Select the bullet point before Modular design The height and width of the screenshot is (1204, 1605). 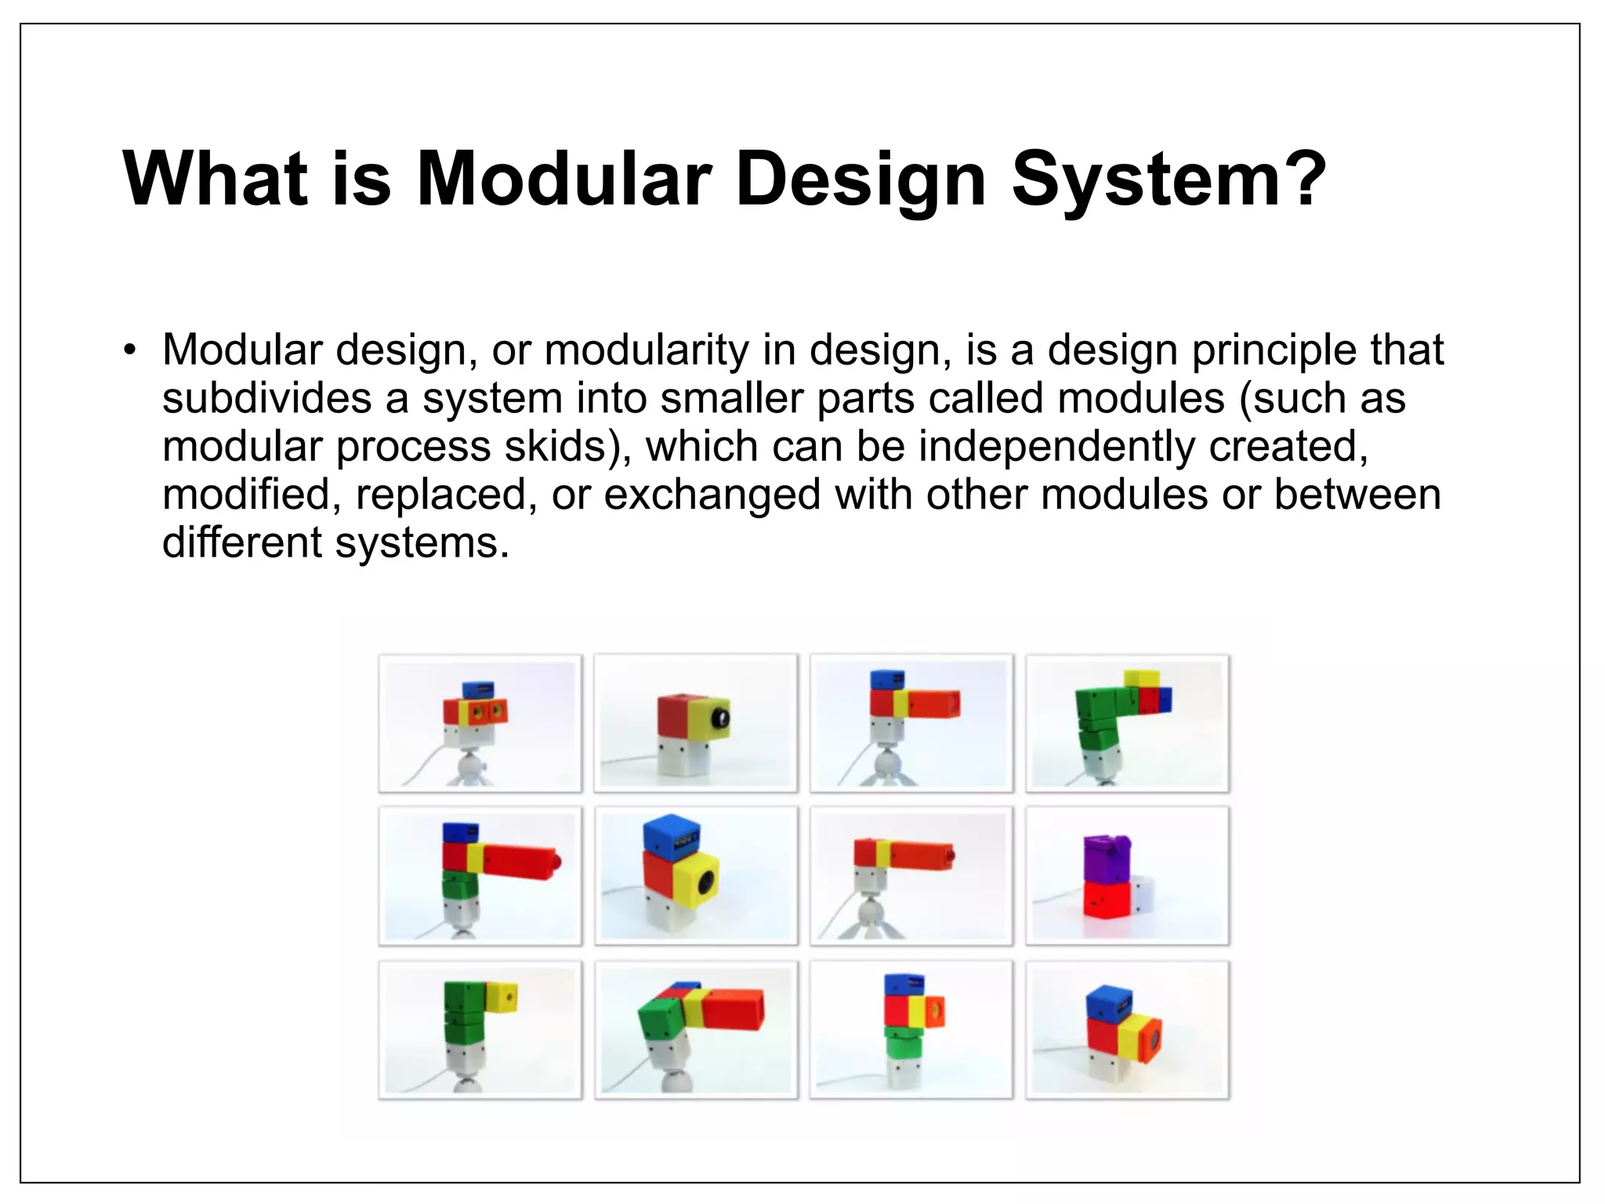130,350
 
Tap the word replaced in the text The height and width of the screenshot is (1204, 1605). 440,495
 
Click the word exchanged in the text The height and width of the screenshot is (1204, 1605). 712,495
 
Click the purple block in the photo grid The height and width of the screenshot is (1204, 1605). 1107,858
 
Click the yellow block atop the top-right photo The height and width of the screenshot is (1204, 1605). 1141,678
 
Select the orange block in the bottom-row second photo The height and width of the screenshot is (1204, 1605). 733,1009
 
